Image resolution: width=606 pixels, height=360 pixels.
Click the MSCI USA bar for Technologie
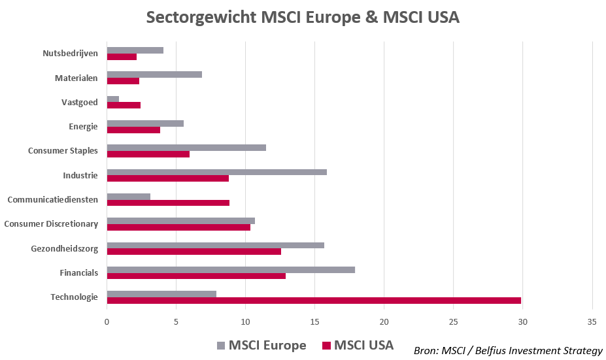pos(314,301)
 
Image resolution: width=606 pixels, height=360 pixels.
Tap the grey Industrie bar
pos(216,172)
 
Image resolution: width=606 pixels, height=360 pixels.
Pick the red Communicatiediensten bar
pos(168,203)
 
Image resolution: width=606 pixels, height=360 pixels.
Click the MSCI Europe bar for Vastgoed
pos(113,99)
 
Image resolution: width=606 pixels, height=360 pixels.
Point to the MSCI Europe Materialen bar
pos(154,74)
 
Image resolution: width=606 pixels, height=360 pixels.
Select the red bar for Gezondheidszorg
pos(194,252)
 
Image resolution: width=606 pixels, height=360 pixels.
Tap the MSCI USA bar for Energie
pos(133,129)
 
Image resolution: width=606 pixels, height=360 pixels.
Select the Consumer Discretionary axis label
pos(51,224)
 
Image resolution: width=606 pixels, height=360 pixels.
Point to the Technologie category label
pos(74,297)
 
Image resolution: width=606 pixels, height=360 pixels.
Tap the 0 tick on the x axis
pos(107,321)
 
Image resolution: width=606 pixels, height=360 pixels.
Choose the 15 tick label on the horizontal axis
pos(314,321)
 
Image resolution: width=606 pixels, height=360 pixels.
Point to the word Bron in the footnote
pos(427,351)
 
